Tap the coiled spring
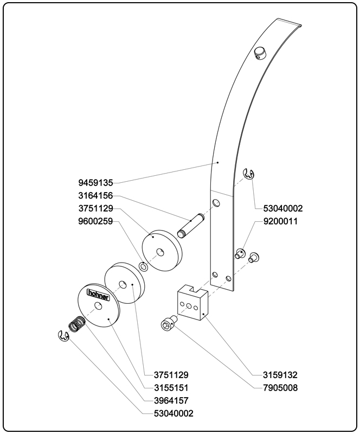pyautogui.click(x=77, y=325)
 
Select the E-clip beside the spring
pyautogui.click(x=63, y=336)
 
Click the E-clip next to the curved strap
pyautogui.click(x=249, y=174)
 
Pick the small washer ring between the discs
pyautogui.click(x=144, y=266)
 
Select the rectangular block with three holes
pyautogui.click(x=191, y=304)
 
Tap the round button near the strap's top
pyautogui.click(x=260, y=53)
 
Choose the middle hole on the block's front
pyautogui.click(x=188, y=307)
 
